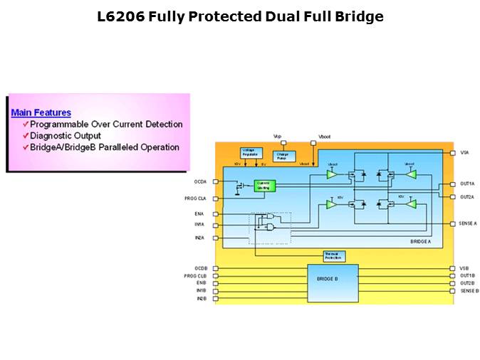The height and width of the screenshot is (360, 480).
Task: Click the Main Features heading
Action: (41, 112)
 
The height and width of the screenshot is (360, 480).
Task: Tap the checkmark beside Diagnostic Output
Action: (25, 136)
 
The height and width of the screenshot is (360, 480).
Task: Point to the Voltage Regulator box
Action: (251, 153)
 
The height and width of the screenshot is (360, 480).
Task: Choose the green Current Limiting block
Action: (264, 185)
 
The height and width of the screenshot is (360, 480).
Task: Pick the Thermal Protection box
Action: (333, 255)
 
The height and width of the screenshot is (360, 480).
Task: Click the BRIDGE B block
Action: (333, 279)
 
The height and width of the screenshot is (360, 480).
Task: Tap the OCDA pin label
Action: (199, 181)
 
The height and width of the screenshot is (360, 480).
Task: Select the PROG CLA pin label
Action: (197, 198)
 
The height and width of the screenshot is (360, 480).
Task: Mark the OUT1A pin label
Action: (466, 184)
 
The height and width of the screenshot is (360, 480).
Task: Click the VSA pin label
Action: (464, 152)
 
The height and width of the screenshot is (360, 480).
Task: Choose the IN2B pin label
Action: (201, 298)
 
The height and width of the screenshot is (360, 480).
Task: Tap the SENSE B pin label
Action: (469, 290)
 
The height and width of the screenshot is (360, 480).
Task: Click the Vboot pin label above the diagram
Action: (324, 135)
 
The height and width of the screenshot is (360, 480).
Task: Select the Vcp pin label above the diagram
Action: (278, 135)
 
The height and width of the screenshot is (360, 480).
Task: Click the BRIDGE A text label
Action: (420, 243)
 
